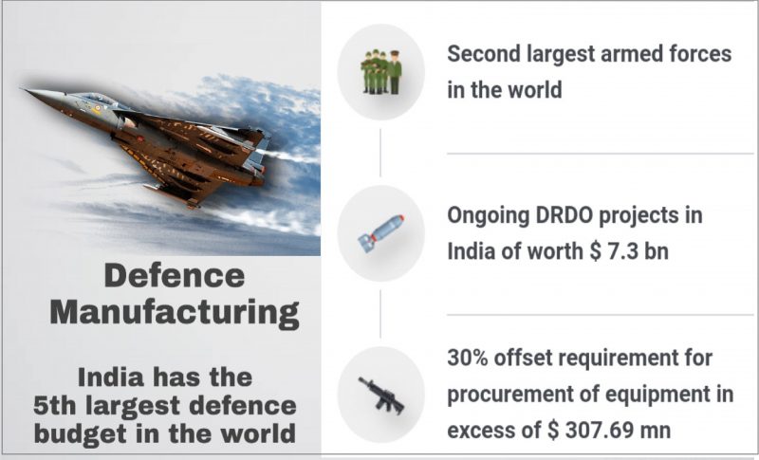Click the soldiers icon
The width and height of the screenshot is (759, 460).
click(x=380, y=72)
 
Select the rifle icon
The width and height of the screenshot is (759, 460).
click(x=380, y=393)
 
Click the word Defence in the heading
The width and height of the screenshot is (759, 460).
click(x=174, y=276)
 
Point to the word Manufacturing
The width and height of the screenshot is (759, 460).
click(x=174, y=311)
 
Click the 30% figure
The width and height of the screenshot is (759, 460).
click(x=471, y=359)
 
